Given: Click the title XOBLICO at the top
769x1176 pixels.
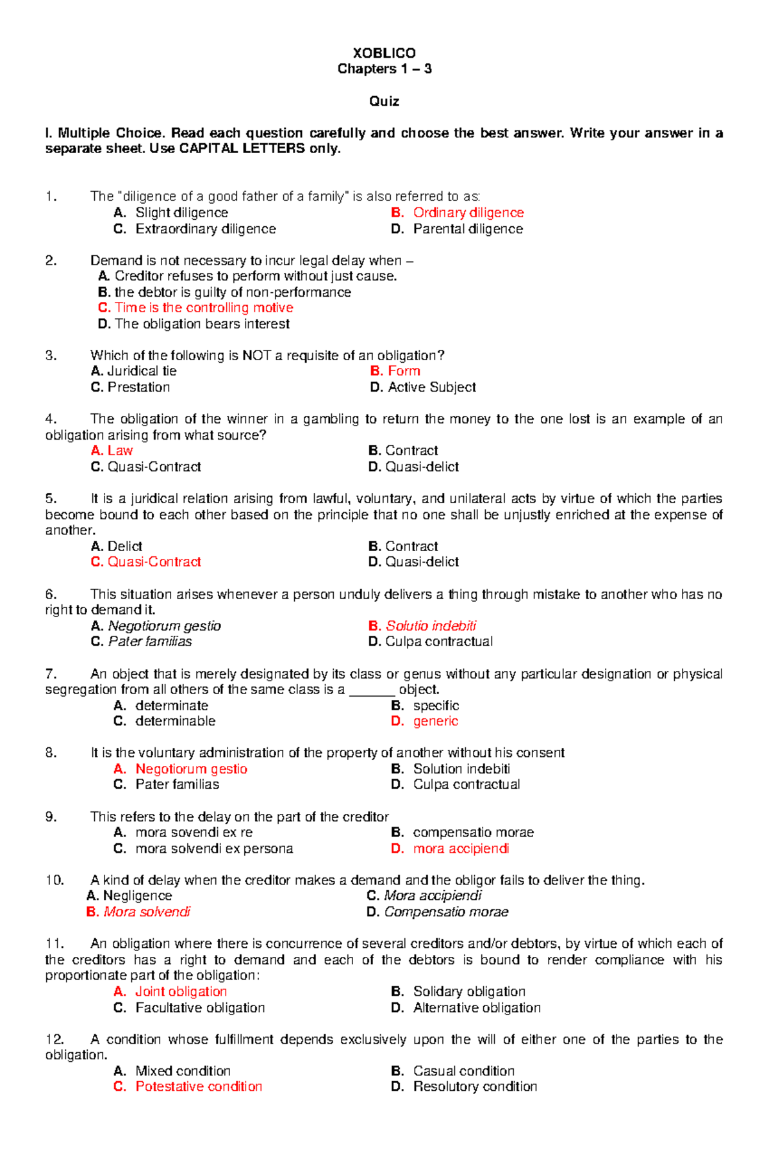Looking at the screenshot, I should (x=384, y=53).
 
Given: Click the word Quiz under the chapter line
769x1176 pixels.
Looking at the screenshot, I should (x=384, y=101).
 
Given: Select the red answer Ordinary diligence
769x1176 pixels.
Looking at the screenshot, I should (x=468, y=213).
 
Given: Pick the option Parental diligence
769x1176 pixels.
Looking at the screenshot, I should (x=468, y=229).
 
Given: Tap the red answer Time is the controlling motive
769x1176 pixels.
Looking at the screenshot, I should (x=203, y=308).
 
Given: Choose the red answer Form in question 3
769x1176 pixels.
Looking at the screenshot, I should (x=404, y=371).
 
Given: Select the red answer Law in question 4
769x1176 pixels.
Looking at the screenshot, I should (x=120, y=451).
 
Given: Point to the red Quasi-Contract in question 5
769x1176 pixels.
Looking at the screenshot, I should (x=154, y=562).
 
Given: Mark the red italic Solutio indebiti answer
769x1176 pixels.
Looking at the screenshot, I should (x=431, y=626).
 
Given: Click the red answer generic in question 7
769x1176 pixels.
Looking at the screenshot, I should (x=435, y=721).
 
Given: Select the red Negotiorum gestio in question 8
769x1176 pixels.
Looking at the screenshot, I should (x=191, y=769).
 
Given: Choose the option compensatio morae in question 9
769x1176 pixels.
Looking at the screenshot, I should (x=473, y=832).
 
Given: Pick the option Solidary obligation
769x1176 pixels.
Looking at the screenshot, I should (x=468, y=991).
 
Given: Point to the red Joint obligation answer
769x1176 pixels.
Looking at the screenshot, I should (x=181, y=991).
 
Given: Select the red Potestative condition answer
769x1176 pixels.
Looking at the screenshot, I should (x=199, y=1086).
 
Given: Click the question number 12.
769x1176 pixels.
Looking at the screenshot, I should (x=54, y=1039).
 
